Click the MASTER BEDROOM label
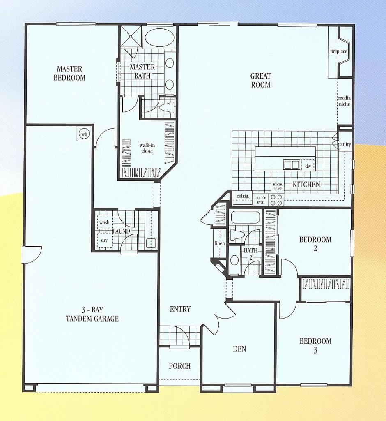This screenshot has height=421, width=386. (x=69, y=73)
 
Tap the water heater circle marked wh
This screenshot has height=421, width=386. (x=85, y=134)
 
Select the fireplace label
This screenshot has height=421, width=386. (x=339, y=51)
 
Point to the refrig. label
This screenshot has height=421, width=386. (x=243, y=197)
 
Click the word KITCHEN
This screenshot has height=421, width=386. (x=306, y=185)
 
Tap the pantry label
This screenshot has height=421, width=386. (x=344, y=145)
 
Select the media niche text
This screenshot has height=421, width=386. (x=344, y=101)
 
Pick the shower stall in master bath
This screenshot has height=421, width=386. (x=131, y=37)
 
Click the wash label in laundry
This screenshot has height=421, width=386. (x=104, y=222)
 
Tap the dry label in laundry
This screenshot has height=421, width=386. (x=104, y=240)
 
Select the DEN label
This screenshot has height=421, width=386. (x=239, y=349)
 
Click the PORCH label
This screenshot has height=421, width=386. (x=180, y=366)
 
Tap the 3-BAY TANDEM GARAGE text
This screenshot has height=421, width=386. (x=92, y=314)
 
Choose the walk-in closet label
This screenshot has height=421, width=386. (x=146, y=148)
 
